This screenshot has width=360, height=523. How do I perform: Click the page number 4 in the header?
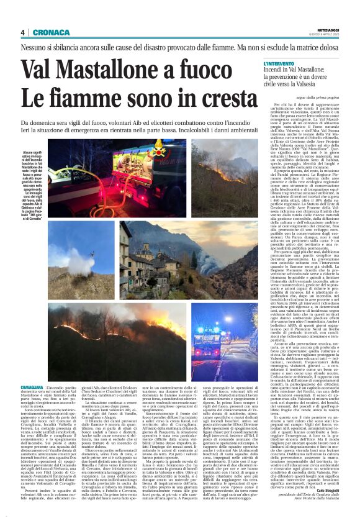click(x=22, y=32)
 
